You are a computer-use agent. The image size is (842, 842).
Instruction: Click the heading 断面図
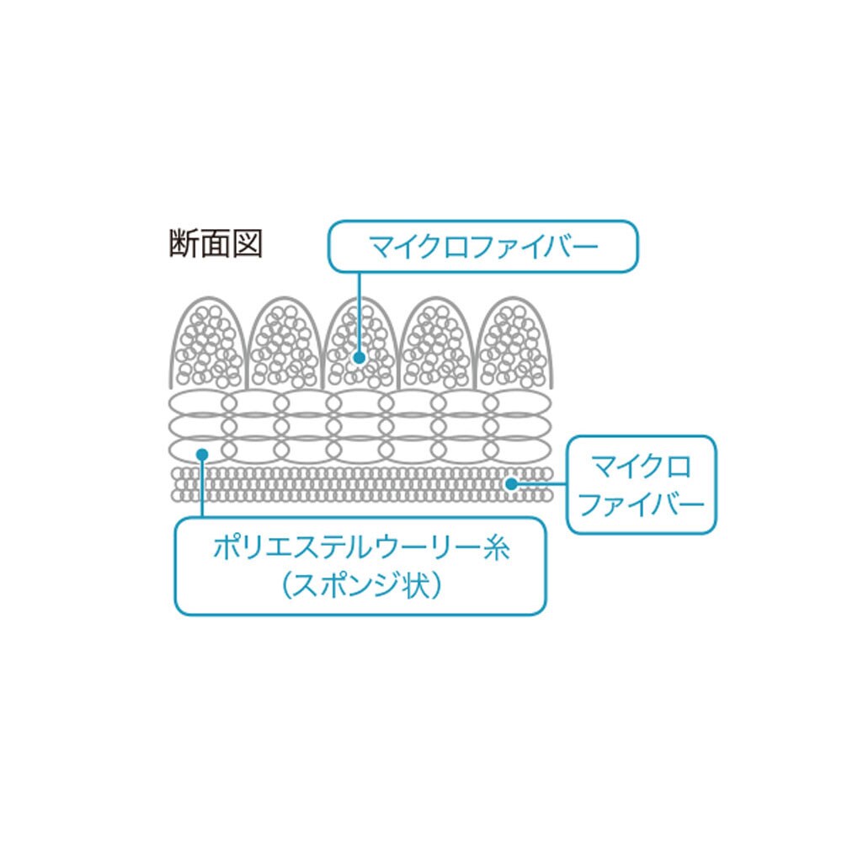point(216,244)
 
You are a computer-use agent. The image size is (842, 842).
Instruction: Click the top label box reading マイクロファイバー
point(483,247)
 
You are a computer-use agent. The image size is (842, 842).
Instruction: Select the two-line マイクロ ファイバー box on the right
point(642,485)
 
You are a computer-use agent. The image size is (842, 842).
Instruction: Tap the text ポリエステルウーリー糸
point(361,548)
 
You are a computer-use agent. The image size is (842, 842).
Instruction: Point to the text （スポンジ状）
point(361,584)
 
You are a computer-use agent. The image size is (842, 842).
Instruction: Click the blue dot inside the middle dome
point(360,358)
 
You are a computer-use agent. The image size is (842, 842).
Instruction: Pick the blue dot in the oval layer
point(202,455)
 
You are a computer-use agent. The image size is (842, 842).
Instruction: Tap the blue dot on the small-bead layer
point(511,484)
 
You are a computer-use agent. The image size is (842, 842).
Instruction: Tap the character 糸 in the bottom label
point(495,548)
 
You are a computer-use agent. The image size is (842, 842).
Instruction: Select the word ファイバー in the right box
point(642,504)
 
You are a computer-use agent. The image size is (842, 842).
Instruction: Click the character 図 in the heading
point(248,244)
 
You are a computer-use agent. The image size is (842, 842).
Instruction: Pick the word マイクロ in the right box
point(641,466)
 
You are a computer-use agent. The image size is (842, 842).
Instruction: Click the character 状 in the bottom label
point(416,584)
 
